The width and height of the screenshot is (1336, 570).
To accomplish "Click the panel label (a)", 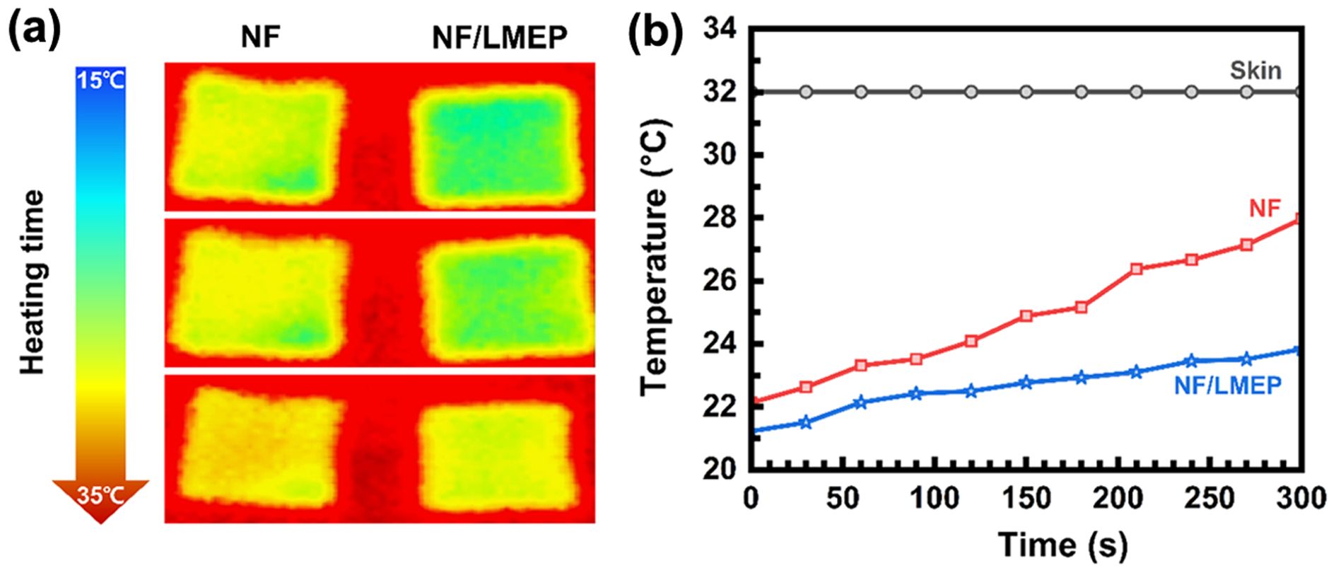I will click(x=34, y=32).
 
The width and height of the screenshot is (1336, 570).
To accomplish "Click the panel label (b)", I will click(x=656, y=32).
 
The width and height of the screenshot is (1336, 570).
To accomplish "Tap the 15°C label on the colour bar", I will click(x=101, y=80).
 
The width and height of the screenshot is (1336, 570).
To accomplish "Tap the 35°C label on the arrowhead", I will click(x=100, y=496).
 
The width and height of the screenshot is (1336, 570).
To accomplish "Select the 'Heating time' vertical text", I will click(x=33, y=281).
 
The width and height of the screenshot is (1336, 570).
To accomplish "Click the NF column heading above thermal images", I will click(x=260, y=37).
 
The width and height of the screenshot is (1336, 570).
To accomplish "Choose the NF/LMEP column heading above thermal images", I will click(x=499, y=37).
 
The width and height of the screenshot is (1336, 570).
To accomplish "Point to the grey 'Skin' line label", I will click(x=1255, y=71).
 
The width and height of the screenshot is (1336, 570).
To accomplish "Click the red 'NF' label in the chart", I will click(x=1265, y=209).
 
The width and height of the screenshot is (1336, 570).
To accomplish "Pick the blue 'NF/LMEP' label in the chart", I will click(x=1228, y=385).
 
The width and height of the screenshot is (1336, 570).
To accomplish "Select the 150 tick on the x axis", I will click(x=1026, y=499).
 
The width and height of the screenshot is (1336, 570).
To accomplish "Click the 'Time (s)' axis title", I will click(x=1062, y=545).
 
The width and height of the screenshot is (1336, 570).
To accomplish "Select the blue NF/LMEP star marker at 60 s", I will click(x=860, y=402).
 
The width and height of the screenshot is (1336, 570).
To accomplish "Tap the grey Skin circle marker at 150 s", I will click(x=1026, y=92).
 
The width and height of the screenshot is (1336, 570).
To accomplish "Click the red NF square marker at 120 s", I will click(x=971, y=341).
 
